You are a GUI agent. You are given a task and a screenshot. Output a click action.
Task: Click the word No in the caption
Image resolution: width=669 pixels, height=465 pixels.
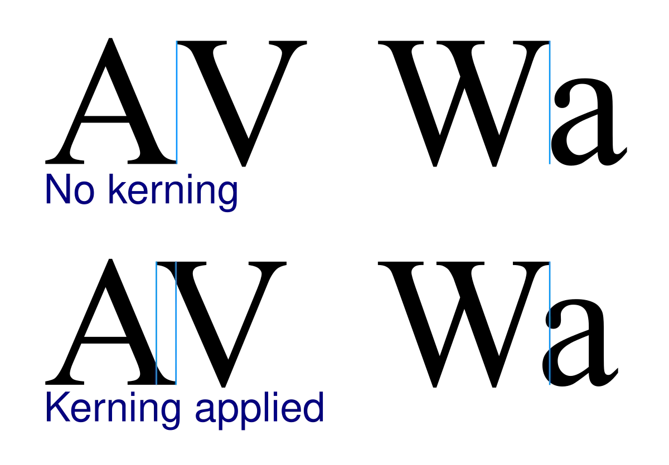(70, 189)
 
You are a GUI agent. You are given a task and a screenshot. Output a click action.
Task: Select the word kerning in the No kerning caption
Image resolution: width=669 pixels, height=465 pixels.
(173, 193)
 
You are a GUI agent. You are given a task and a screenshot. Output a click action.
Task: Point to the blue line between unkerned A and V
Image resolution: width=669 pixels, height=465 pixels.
(177, 102)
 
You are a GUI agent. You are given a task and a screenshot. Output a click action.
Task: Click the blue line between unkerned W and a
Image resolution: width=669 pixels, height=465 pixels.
(550, 102)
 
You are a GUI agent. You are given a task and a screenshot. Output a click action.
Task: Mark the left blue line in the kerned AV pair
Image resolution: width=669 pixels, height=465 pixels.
(156, 323)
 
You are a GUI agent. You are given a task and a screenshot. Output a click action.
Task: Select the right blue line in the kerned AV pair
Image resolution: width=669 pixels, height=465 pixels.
(176, 323)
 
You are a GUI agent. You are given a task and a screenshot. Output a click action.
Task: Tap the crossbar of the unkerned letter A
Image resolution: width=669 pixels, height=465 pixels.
(105, 119)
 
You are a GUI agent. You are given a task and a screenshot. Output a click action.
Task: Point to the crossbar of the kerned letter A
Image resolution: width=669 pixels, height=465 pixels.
(105, 340)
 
